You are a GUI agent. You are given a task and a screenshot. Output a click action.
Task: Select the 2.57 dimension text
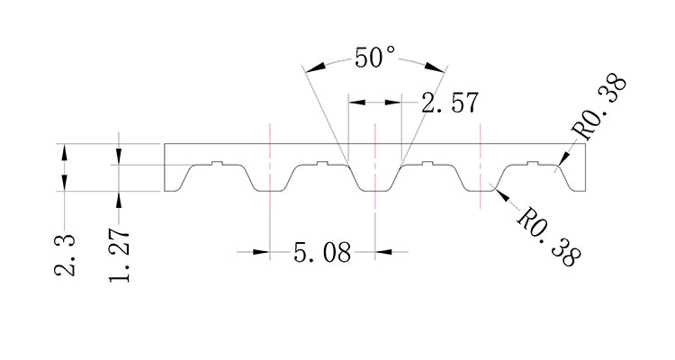[x=449, y=103]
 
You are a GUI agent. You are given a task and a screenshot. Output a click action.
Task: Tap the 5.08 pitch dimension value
[x=322, y=252]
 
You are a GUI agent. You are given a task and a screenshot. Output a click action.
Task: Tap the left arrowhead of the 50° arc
[x=310, y=68]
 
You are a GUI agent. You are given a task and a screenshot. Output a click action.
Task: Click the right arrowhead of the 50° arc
[x=441, y=68]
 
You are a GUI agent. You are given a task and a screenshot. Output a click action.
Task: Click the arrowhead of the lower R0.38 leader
[x=499, y=193]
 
